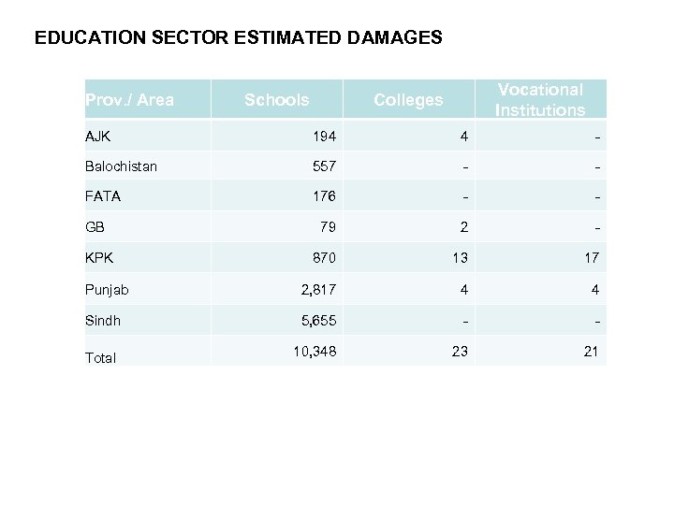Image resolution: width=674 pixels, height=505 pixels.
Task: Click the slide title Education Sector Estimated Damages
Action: (238, 39)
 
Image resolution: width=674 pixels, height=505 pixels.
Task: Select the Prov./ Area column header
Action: (129, 99)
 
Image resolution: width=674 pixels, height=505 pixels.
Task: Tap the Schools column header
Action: (276, 99)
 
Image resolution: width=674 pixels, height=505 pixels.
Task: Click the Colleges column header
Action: (408, 99)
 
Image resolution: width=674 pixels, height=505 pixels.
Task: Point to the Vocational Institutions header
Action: (540, 99)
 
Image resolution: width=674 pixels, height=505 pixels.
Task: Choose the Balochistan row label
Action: (121, 166)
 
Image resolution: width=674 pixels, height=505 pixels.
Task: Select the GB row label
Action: (94, 226)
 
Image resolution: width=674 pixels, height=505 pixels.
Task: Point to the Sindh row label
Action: (103, 321)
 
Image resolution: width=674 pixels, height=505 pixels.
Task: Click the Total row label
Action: (100, 357)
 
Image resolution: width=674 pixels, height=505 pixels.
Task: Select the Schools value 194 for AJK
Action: (325, 137)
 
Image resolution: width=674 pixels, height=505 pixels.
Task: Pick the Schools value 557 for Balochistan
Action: (325, 166)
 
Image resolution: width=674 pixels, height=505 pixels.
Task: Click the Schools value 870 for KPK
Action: (325, 258)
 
